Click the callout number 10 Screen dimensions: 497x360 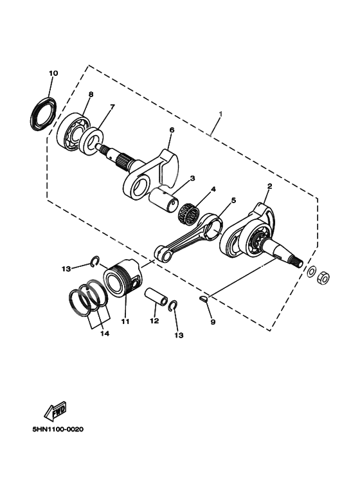point(53,73)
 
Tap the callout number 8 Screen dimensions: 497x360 point(90,94)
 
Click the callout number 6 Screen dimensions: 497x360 point(172,129)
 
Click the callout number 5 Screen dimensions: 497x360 point(233,200)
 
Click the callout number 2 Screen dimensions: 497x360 point(269,186)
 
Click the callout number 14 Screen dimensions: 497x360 point(104,334)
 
